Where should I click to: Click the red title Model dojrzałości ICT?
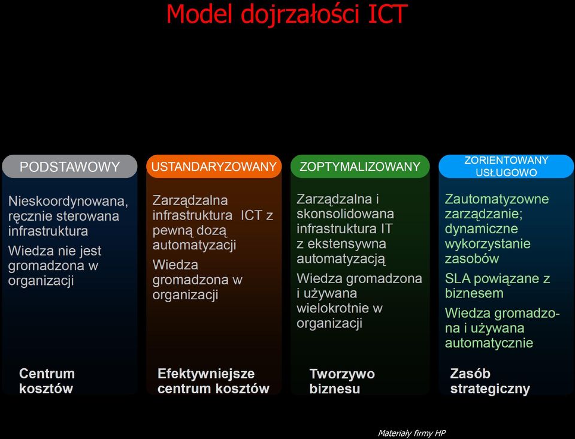point(287,14)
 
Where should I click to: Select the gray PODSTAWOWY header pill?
point(69,167)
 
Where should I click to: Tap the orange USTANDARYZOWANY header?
point(214,167)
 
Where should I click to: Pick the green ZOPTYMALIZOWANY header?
point(360,167)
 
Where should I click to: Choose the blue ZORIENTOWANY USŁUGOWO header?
point(506,166)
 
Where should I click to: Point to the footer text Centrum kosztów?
point(47,381)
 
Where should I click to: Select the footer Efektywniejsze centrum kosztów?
point(213,381)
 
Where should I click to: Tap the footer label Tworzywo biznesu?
point(342,381)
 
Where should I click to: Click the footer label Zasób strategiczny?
point(490,381)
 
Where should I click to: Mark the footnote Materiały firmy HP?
point(411,434)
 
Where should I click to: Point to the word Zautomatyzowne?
point(497,199)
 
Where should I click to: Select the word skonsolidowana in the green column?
point(345,214)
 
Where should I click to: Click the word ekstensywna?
point(347,243)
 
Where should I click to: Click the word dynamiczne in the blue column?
point(482,229)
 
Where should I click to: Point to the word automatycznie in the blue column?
point(489,343)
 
